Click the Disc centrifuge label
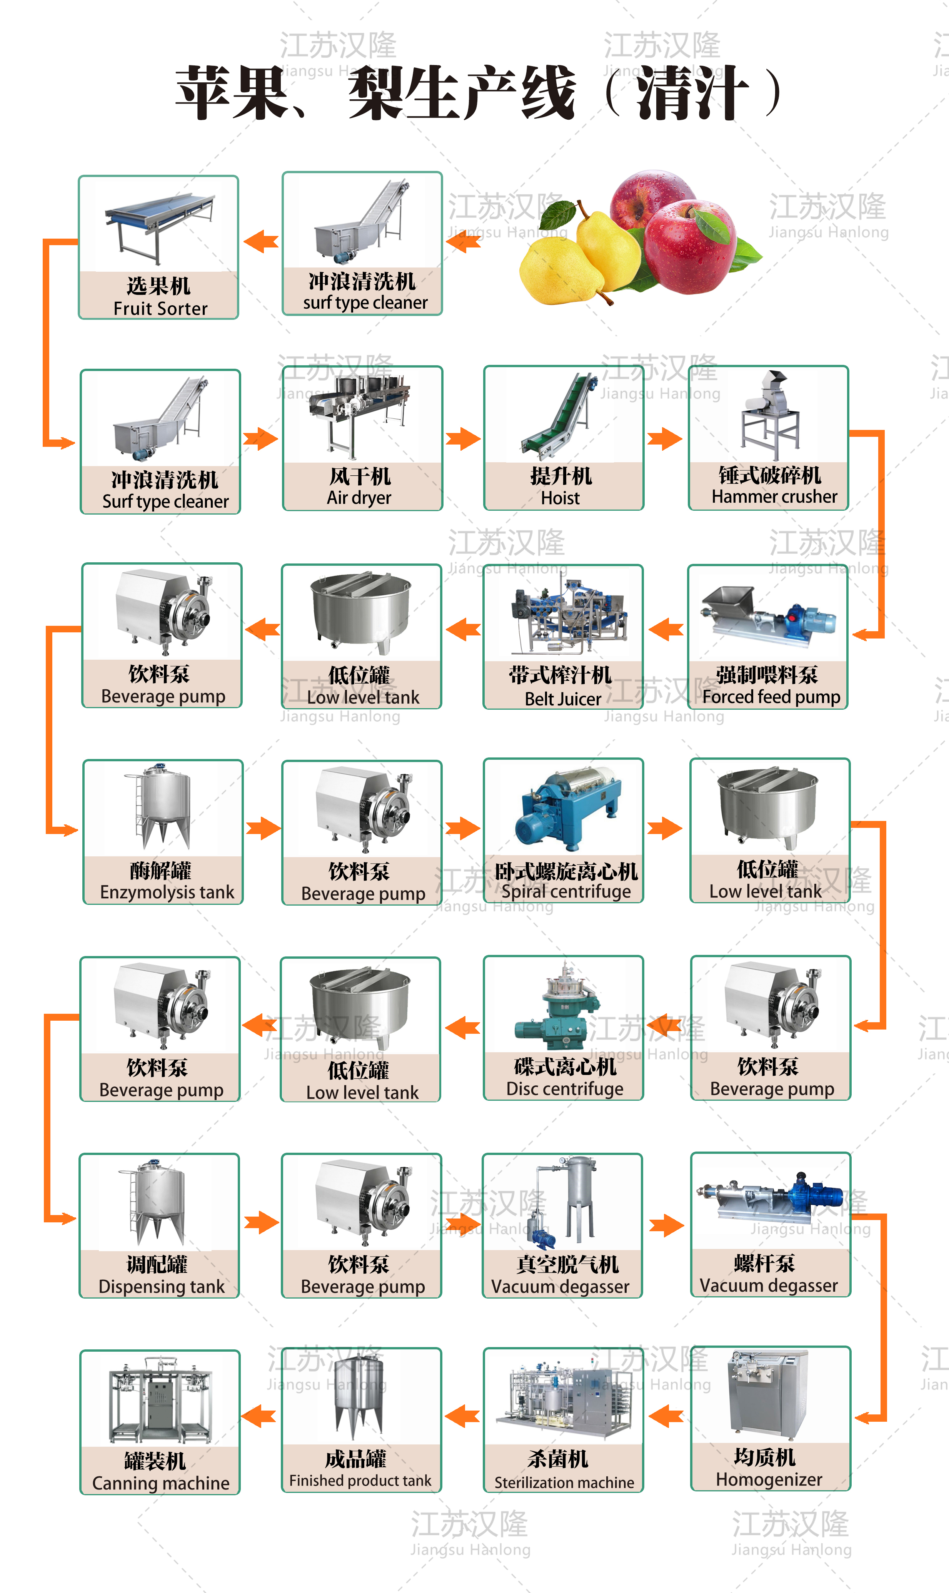(x=564, y=1078)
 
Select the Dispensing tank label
(x=160, y=1275)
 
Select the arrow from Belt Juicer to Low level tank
(x=464, y=630)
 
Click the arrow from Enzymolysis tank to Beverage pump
(x=263, y=829)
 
